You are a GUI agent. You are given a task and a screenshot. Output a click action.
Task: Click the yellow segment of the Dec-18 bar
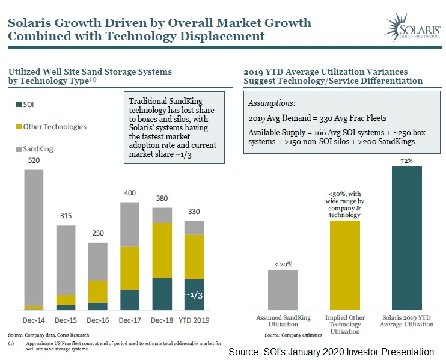click(x=162, y=250)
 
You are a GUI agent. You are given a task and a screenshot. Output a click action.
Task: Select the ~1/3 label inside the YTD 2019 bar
click(x=194, y=294)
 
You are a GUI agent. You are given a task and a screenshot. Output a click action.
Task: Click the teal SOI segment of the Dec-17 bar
click(x=130, y=299)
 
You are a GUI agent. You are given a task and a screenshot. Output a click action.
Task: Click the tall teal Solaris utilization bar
click(x=407, y=237)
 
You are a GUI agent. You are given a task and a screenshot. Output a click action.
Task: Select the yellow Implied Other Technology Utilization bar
click(x=344, y=264)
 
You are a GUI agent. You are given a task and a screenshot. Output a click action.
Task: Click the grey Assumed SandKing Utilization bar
click(x=283, y=290)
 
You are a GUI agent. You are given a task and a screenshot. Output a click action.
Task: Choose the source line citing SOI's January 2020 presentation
click(x=331, y=351)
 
